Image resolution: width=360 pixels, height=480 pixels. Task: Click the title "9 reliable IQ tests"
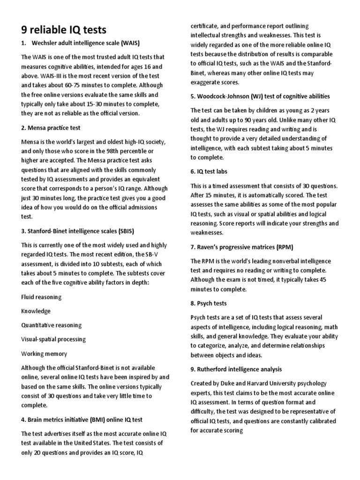(x=64, y=30)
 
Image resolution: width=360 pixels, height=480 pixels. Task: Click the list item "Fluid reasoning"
(x=41, y=297)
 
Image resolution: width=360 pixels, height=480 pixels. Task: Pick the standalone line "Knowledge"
(x=36, y=311)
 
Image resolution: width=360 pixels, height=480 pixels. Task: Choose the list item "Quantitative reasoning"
(x=51, y=325)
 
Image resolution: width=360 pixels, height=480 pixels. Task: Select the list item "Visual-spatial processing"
(x=53, y=339)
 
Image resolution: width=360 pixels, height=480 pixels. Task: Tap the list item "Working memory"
(x=44, y=353)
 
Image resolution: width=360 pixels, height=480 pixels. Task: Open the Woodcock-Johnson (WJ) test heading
(x=260, y=96)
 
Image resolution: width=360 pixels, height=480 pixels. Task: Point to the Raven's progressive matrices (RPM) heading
(x=242, y=247)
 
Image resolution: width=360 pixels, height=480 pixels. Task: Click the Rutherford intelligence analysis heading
(x=236, y=369)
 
